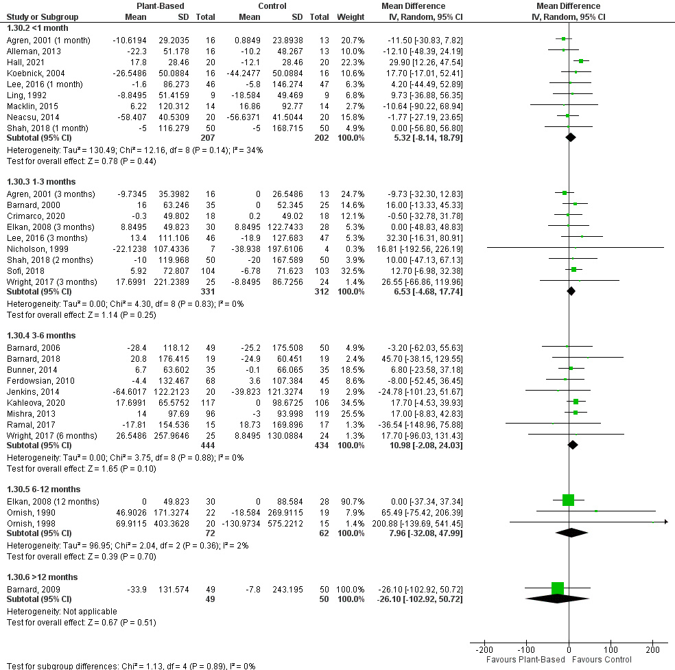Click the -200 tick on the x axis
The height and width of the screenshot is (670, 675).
484,649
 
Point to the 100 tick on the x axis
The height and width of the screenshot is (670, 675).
610,649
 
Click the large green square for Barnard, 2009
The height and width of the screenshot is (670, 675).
557,588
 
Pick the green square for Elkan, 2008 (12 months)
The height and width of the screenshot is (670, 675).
568,500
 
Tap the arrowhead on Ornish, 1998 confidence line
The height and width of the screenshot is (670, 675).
665,522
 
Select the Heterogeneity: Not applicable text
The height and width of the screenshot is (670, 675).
62,611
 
